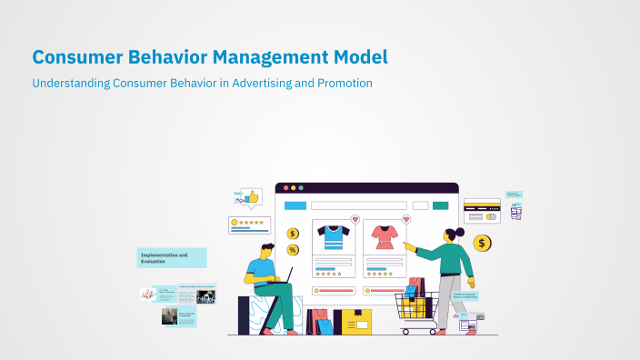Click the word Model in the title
click(x=360, y=56)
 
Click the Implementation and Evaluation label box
click(x=171, y=257)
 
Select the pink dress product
click(x=383, y=237)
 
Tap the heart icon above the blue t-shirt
click(x=355, y=219)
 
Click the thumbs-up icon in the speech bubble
click(x=252, y=195)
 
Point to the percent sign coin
click(x=293, y=250)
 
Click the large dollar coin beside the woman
click(x=482, y=243)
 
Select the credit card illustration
click(x=482, y=211)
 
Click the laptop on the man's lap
click(x=285, y=275)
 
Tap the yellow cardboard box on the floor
click(x=355, y=321)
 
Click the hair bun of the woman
click(x=460, y=232)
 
